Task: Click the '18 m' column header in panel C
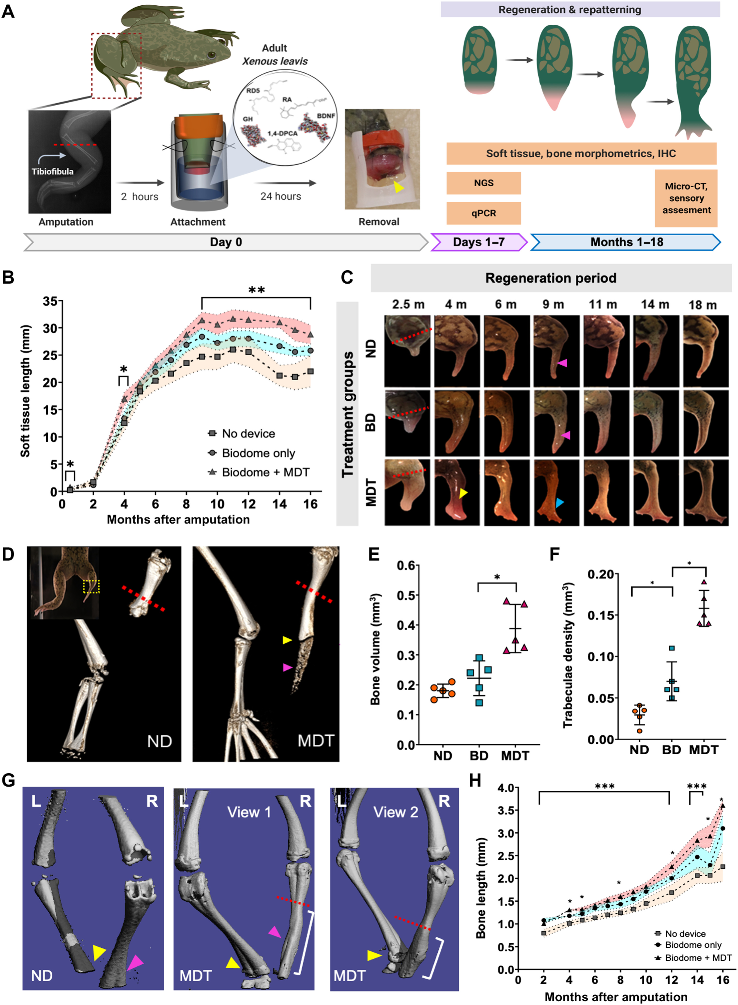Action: (x=702, y=305)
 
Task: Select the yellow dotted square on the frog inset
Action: (x=91, y=586)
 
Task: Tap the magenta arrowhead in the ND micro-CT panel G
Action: (x=135, y=962)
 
